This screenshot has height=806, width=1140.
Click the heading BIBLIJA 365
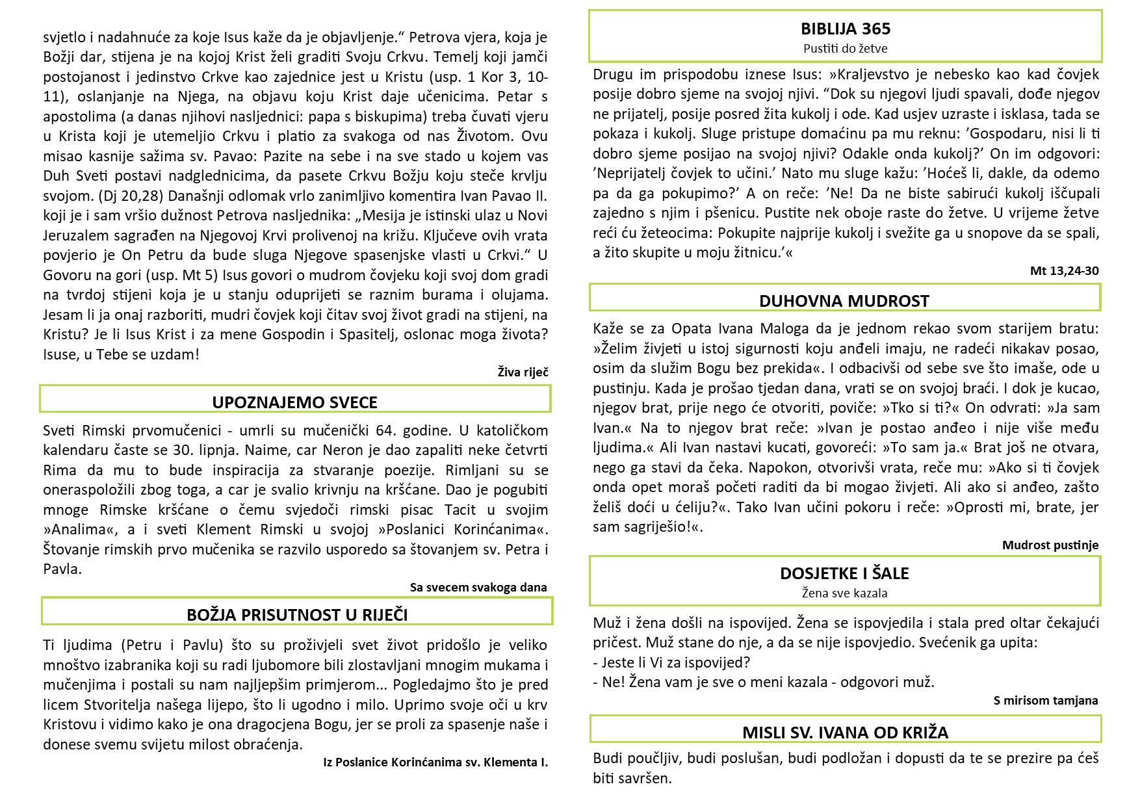pyautogui.click(x=845, y=29)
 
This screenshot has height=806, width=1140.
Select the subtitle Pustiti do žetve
pyautogui.click(x=845, y=48)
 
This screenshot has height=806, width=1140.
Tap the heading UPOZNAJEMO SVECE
pyautogui.click(x=294, y=402)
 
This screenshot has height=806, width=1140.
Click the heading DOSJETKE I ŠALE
pyautogui.click(x=844, y=573)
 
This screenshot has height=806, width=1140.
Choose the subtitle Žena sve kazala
pyautogui.click(x=844, y=593)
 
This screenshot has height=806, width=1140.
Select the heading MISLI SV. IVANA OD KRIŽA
pyautogui.click(x=845, y=733)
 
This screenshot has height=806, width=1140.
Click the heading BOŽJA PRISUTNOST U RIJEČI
pyautogui.click(x=297, y=615)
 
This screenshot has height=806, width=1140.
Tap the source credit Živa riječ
pyautogui.click(x=523, y=372)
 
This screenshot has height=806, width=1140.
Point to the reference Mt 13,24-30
pyautogui.click(x=1064, y=270)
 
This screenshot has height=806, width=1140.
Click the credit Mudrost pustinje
pyautogui.click(x=1050, y=545)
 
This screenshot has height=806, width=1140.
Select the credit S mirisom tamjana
pyautogui.click(x=1045, y=700)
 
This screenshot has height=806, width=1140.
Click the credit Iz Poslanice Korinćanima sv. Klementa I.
pyautogui.click(x=435, y=762)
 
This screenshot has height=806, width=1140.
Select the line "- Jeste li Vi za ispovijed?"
pyautogui.click(x=671, y=662)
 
